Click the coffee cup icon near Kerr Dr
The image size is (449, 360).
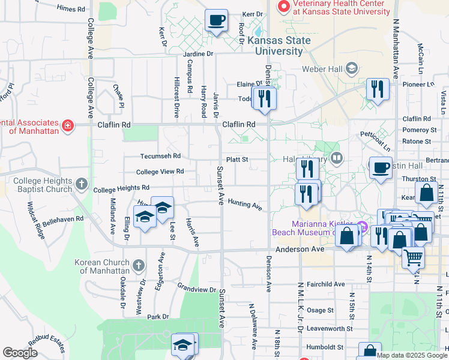pos(216,20)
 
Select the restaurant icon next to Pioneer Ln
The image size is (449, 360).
pos(378,89)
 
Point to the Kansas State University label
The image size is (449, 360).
pos(279,46)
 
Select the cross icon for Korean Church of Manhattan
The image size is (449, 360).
pos(138,265)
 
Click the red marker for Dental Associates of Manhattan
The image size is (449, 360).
pos(68,125)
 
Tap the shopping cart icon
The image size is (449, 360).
pos(414,258)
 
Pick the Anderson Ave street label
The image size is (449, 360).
pos(300,249)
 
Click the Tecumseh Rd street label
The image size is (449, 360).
pos(160,156)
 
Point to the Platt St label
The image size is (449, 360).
pos(237,160)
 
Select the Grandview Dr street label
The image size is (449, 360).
pos(196,289)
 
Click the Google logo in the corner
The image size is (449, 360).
pos(20,353)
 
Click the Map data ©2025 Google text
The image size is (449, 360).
pos(411,355)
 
